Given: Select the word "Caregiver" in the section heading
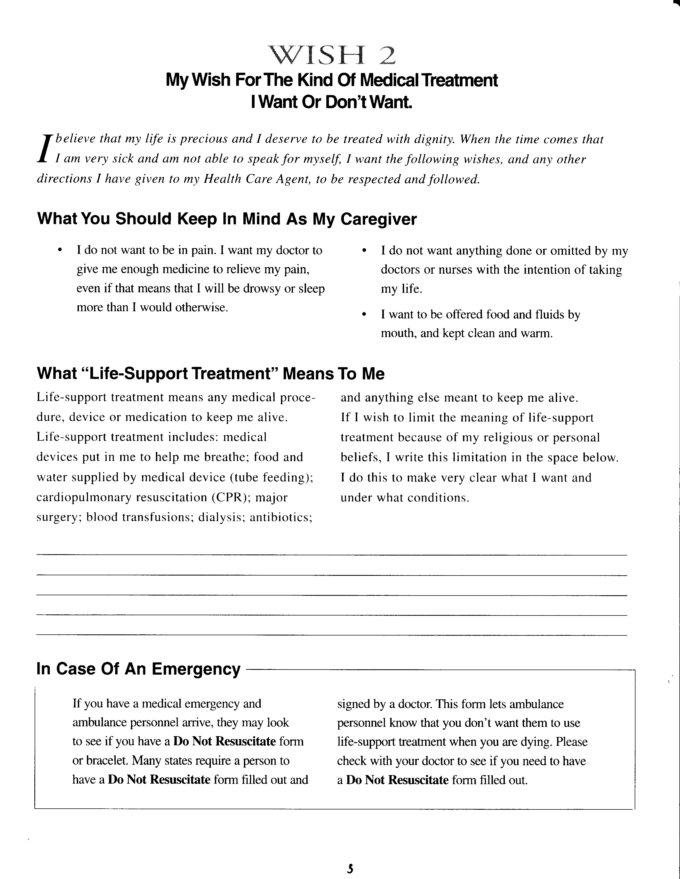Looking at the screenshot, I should [x=379, y=219].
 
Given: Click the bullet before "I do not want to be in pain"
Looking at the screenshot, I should [x=60, y=250].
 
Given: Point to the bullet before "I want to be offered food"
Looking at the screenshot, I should [x=364, y=314].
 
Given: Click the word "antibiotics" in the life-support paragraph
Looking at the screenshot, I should [x=281, y=517].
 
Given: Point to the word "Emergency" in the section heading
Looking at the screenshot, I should [x=196, y=669].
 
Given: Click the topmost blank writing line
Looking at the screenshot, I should [x=331, y=555].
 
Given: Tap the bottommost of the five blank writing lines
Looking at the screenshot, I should [x=331, y=635].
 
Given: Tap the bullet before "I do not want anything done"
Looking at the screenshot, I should [x=364, y=251].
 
